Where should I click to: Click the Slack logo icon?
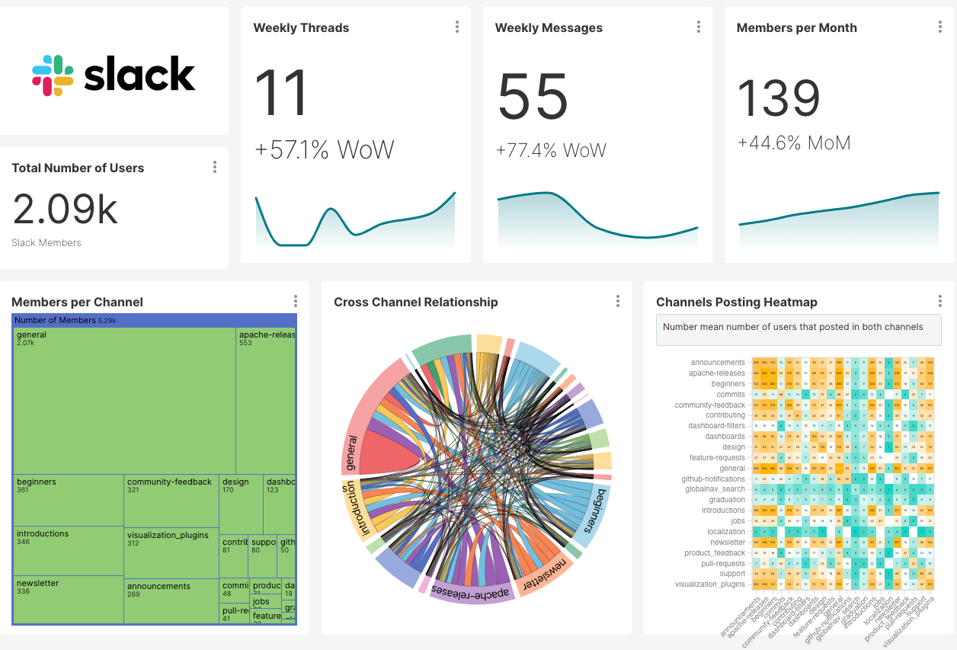coord(53,75)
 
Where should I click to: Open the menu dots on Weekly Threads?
coord(457,27)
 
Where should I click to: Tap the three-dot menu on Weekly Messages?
coord(699,27)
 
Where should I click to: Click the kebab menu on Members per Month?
coord(940,27)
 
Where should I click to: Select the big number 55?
coord(533,98)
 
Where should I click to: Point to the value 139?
coord(779,98)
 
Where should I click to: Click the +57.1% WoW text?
coord(325,149)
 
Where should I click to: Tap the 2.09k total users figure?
coord(66,209)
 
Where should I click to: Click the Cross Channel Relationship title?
coord(415,302)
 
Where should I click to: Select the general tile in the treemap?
coord(123,400)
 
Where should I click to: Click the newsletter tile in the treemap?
coord(68,599)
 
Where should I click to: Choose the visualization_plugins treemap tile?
coord(171,552)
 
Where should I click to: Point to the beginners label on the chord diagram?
coord(590,511)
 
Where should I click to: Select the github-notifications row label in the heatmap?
coord(712,479)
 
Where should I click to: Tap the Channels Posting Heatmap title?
coord(736,302)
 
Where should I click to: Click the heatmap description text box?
coord(798,329)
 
